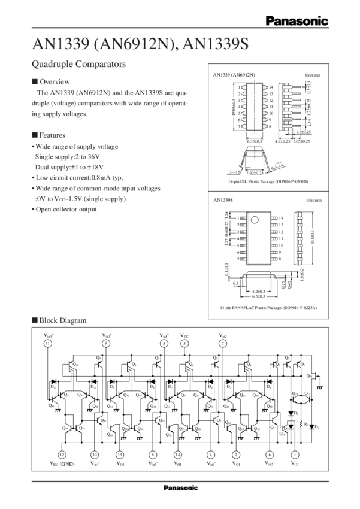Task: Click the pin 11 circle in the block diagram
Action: tap(47, 343)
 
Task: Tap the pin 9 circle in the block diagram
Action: tap(106, 343)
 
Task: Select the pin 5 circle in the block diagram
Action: tap(164, 343)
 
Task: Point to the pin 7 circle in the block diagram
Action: tap(223, 343)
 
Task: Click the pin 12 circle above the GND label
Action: tap(61, 455)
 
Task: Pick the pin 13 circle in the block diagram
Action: tap(120, 455)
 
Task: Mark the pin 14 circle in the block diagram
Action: tap(178, 455)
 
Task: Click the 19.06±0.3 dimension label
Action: tap(234, 110)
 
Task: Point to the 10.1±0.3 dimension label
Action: tap(311, 234)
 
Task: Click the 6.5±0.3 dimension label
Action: tap(259, 295)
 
